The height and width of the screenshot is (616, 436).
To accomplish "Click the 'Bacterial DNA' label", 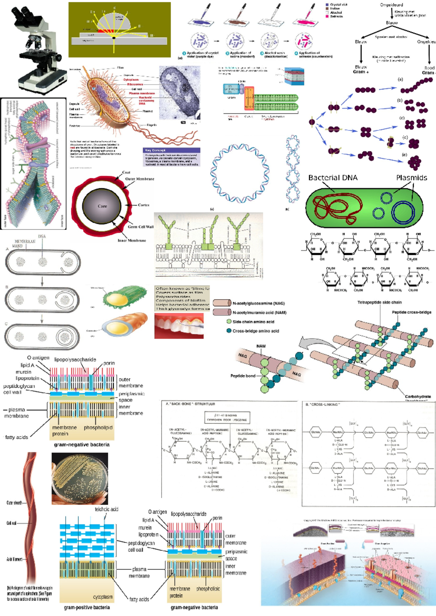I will click(332, 178).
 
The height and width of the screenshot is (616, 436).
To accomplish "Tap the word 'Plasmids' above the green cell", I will click(411, 178).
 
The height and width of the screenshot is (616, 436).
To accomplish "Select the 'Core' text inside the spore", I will click(102, 206).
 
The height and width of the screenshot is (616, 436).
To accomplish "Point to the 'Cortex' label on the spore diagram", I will click(144, 205).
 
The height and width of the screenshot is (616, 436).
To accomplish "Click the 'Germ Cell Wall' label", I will click(140, 227).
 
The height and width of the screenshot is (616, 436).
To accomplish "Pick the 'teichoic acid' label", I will click(106, 509).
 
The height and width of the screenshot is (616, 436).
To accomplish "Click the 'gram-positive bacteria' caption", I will click(87, 607).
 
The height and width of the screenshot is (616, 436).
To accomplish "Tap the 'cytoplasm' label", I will click(103, 597).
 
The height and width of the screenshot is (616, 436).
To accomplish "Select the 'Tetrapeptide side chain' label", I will click(379, 302).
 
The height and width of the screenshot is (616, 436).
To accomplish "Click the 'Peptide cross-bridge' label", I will click(411, 312).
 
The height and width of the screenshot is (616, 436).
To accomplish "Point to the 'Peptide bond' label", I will click(243, 376).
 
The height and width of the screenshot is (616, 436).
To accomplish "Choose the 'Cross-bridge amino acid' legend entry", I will click(255, 331).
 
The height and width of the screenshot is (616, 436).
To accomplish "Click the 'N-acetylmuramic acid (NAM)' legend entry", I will click(259, 312).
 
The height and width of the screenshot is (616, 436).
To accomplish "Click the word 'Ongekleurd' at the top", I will click(391, 5).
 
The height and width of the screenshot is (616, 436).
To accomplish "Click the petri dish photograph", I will click(80, 478).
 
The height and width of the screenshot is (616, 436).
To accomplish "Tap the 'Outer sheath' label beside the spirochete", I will click(14, 503).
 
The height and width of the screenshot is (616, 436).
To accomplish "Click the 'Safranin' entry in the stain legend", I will click(336, 16).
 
